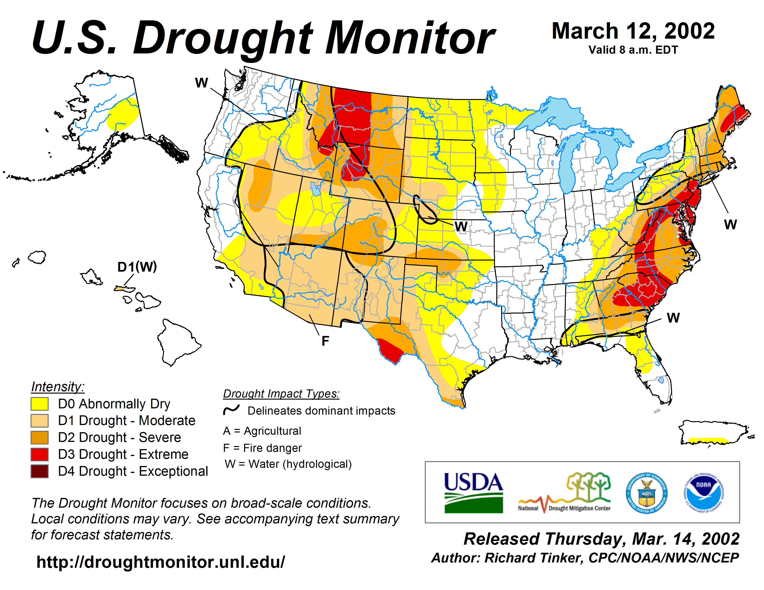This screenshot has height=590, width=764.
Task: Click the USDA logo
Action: (473, 493)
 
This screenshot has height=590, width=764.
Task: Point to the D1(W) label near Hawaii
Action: (137, 267)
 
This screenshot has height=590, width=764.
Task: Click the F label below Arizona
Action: (325, 341)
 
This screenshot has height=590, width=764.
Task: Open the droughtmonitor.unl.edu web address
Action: (161, 562)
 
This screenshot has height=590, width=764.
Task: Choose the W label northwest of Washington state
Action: (201, 83)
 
